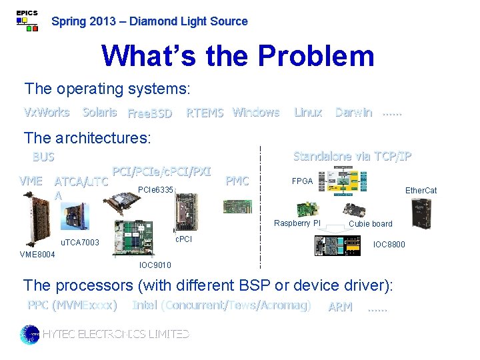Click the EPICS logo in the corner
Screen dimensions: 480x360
[x=27, y=21]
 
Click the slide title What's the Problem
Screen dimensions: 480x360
[x=237, y=56]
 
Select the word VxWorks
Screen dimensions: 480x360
[x=47, y=112]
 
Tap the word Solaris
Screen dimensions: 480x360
[x=99, y=112]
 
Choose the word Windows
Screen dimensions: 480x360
[x=256, y=112]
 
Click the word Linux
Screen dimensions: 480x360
[x=308, y=112]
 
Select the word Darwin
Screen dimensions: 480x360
[x=353, y=112]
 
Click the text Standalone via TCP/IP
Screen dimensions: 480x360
[x=352, y=156]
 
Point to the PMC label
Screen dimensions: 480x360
[x=237, y=180]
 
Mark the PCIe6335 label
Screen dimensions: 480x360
[x=155, y=191]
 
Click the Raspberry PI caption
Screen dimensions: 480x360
[x=297, y=223]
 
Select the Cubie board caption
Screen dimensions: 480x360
[x=371, y=224]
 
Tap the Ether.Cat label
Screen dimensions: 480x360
[x=421, y=191]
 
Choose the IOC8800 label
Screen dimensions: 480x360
[x=389, y=245]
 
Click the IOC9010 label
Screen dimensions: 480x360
[x=155, y=265]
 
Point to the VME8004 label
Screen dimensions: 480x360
[x=37, y=255]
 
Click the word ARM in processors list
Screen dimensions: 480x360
[x=340, y=307]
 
